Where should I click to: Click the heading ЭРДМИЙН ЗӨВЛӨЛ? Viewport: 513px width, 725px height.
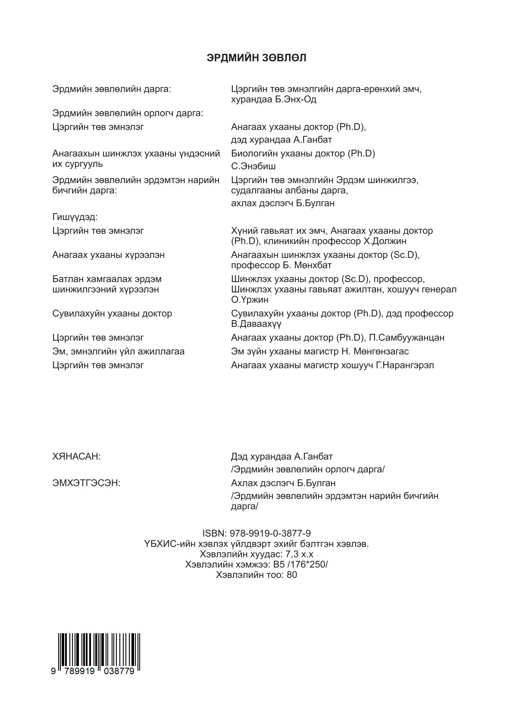pyautogui.click(x=256, y=58)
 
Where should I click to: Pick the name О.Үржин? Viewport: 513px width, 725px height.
pyautogui.click(x=250, y=300)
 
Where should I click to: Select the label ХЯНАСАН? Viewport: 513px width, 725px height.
pyautogui.click(x=76, y=456)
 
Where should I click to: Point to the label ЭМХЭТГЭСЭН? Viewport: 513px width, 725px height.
pyautogui.click(x=86, y=483)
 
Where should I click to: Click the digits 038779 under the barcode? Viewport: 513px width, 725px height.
pyautogui.click(x=122, y=671)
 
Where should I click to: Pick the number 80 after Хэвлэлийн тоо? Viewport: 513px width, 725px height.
pyautogui.click(x=292, y=575)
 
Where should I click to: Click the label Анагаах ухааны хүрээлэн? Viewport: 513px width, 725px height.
pyautogui.click(x=108, y=255)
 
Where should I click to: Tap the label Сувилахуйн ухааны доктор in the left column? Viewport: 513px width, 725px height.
pyautogui.click(x=112, y=314)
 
